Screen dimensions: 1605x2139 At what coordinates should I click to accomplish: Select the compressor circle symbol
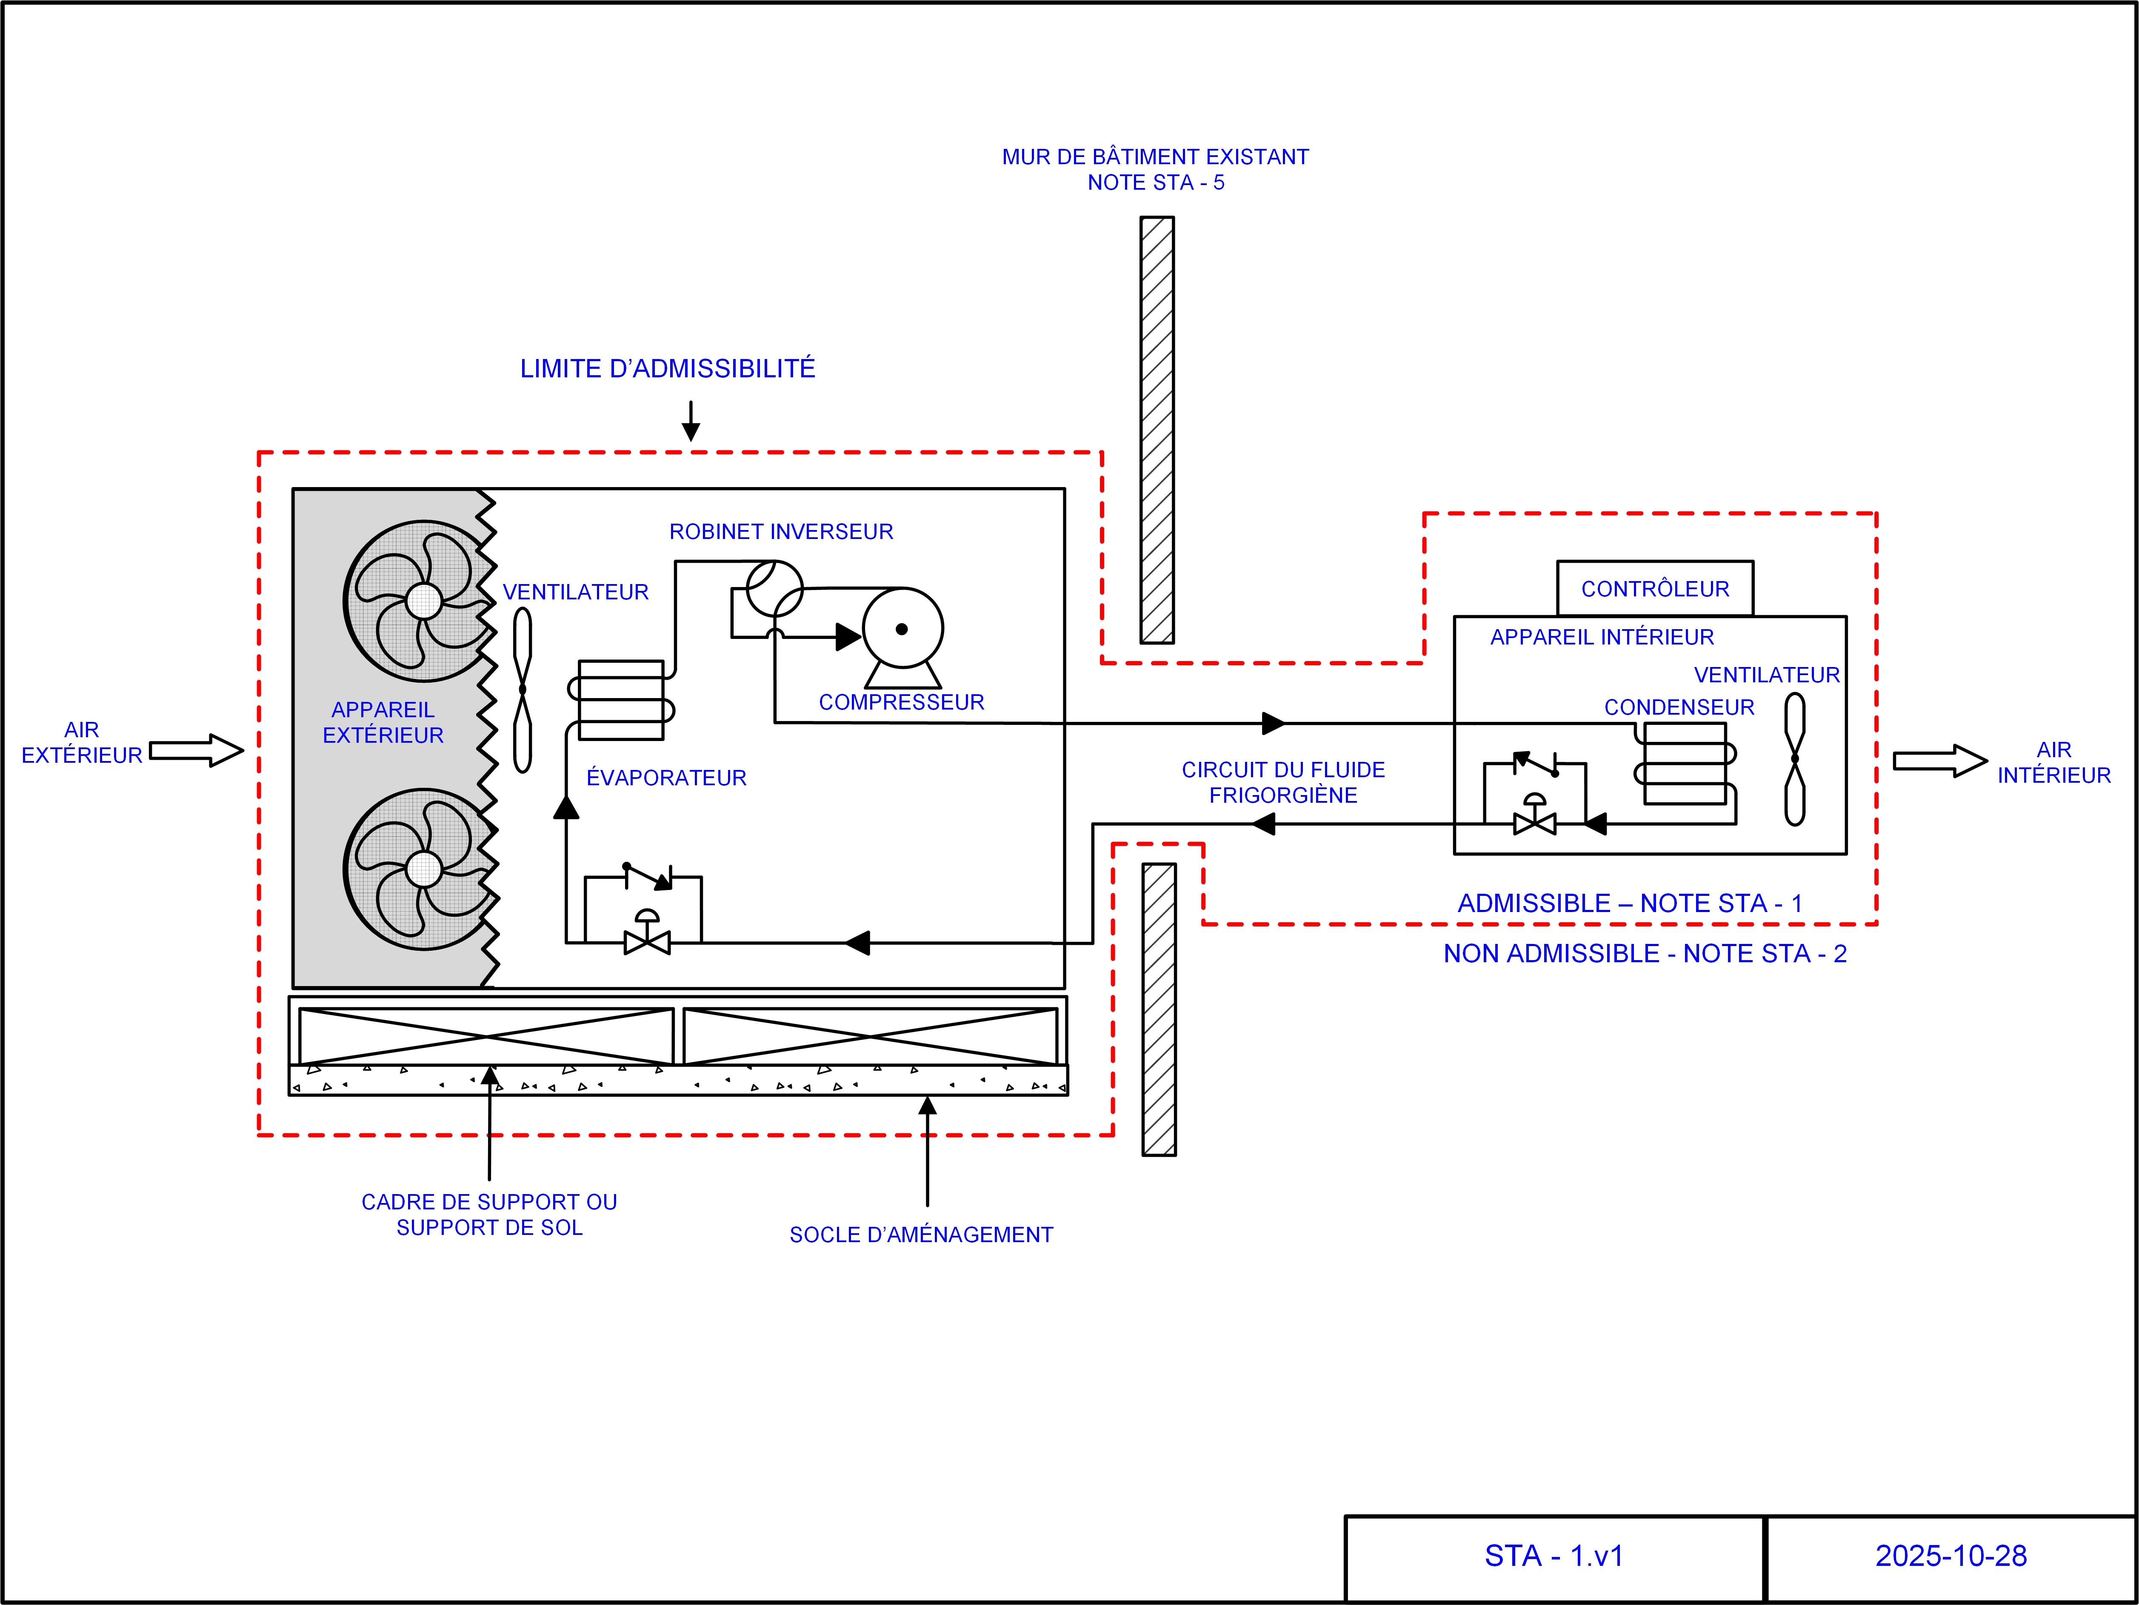(902, 628)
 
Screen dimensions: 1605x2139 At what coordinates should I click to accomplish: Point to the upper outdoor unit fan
(423, 602)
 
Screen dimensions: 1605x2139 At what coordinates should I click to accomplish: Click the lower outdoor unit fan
(423, 868)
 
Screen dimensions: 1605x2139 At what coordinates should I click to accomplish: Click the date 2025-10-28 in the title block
(1951, 1556)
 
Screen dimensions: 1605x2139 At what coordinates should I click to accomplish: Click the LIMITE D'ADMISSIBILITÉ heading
(667, 368)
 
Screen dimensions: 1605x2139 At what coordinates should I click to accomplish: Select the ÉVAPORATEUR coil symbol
(621, 700)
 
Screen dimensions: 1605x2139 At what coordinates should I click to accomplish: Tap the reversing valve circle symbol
(774, 588)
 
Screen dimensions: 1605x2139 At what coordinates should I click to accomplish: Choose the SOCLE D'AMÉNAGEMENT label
(921, 1234)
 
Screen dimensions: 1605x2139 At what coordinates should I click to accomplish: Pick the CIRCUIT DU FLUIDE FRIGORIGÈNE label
(1283, 782)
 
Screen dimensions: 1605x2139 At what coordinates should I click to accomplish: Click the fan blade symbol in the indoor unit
(1795, 759)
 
